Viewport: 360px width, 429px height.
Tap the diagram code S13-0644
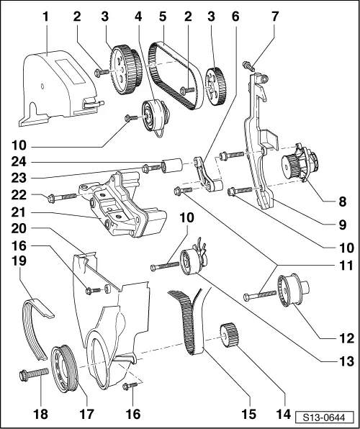[322, 415]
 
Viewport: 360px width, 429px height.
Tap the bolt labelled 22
[60, 195]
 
